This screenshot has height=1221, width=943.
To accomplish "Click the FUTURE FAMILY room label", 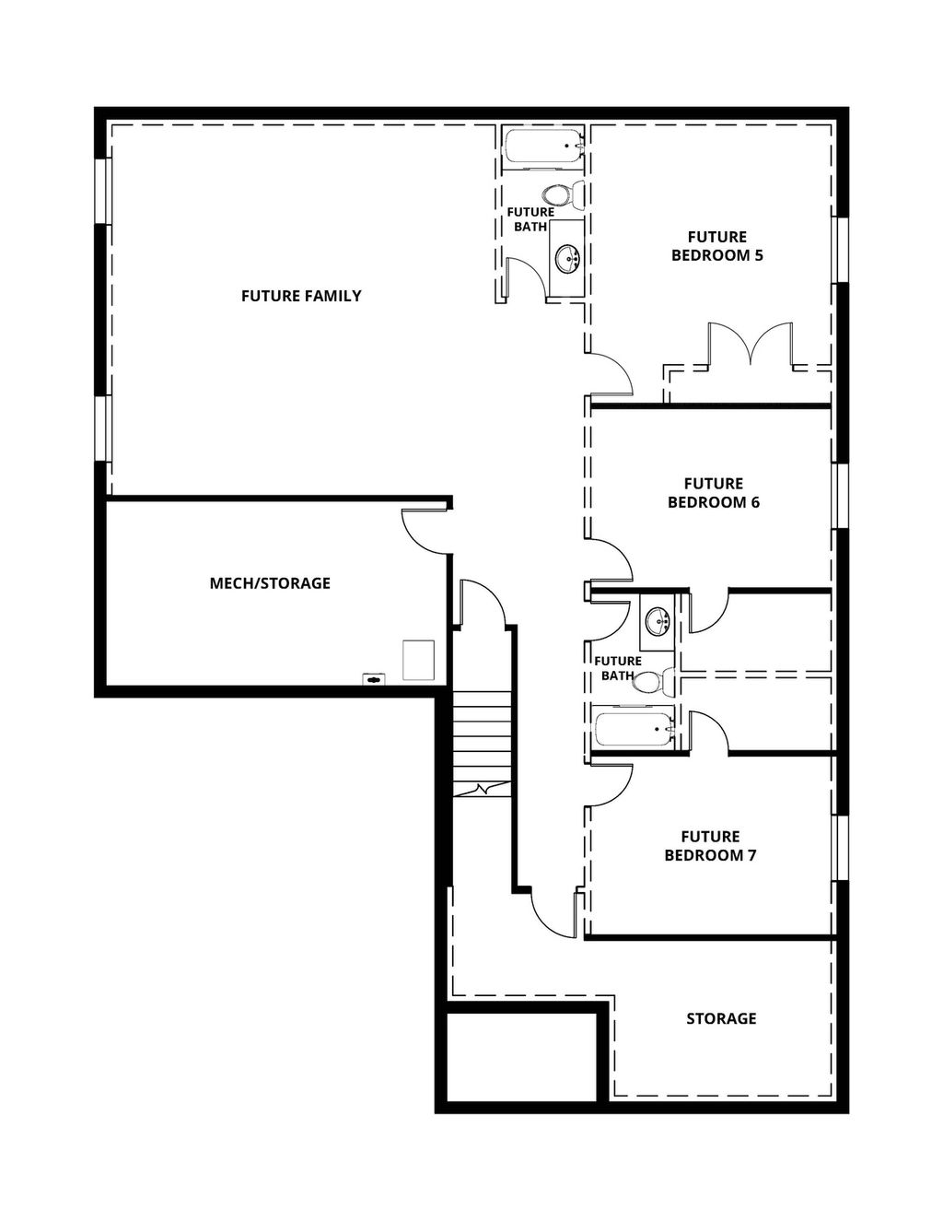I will pos(301,296).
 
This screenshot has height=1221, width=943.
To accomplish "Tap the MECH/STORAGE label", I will pos(270,583).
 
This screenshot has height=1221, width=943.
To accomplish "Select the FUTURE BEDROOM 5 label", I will pos(716,246).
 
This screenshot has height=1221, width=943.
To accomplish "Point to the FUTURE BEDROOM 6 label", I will pos(713,493).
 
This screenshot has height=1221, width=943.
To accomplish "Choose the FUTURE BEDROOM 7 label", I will pos(710,846).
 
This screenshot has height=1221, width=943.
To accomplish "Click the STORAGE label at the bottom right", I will pos(721,1018).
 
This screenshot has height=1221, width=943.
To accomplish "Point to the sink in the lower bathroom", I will pos(657,621).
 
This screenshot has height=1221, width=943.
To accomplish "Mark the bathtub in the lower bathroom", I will pos(634,731).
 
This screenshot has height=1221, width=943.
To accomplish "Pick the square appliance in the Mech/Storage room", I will pos(417,661).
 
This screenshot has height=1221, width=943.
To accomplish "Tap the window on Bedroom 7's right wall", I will pos(839,848).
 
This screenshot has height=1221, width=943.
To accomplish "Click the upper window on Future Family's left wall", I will pos(102,191).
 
